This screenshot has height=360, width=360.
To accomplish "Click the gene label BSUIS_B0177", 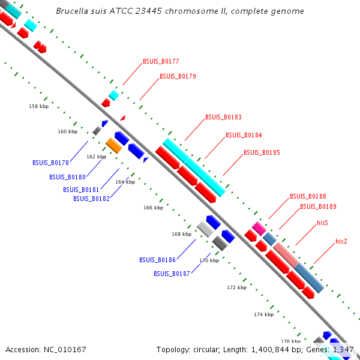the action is (161, 61).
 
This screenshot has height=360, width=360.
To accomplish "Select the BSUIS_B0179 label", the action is (178, 76).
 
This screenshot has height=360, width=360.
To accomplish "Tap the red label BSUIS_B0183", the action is (223, 117).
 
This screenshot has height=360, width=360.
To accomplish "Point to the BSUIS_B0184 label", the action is (244, 135).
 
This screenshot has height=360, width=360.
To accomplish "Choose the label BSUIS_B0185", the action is (262, 152).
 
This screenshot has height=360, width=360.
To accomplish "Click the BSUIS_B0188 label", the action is (308, 196).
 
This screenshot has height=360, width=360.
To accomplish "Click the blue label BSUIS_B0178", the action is (50, 162).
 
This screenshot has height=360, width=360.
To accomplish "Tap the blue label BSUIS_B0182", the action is (91, 198).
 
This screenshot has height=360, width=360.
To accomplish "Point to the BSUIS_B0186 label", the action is (157, 260).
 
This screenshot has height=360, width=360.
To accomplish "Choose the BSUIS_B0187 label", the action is (172, 273).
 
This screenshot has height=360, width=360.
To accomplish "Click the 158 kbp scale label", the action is (38, 106).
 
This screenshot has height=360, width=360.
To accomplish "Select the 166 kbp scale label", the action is (153, 208).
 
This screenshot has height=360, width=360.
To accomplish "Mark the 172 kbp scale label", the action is (236, 287).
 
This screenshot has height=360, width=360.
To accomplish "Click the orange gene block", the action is (113, 145).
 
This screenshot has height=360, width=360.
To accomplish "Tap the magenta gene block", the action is (259, 227).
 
